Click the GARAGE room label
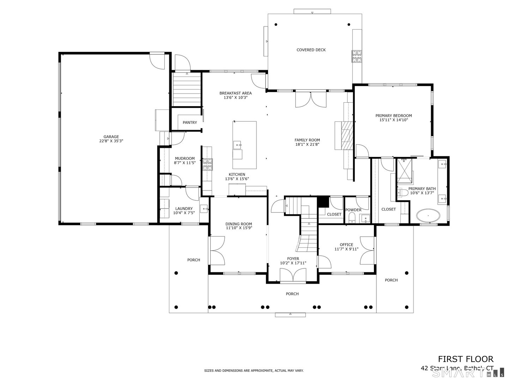coord(111,137)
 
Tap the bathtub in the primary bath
coord(428,216)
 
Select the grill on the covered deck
coord(356,56)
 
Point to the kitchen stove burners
coord(207,164)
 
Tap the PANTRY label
coord(190,123)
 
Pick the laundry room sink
coord(205,209)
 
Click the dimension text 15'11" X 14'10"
coord(393,120)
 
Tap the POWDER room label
coord(353,210)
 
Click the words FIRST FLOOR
coord(465,359)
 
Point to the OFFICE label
coord(346,245)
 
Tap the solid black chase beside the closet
coord(322,202)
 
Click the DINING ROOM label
coord(238,224)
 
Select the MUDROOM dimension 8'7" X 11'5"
coord(185,163)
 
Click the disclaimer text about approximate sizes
coord(254,371)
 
